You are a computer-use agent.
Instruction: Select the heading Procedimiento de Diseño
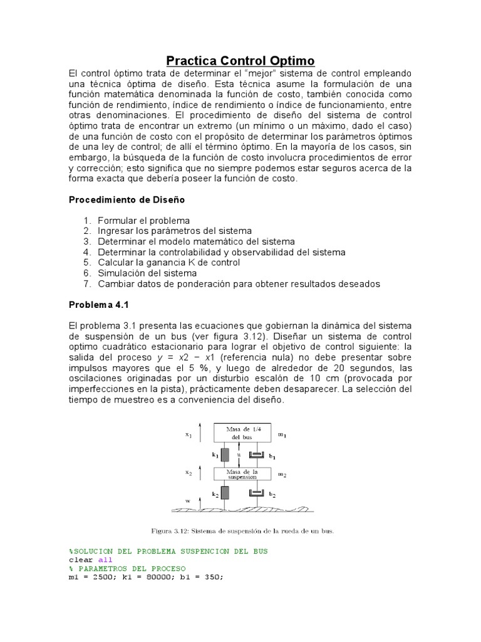coord(126,199)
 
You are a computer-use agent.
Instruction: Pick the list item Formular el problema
coord(143,221)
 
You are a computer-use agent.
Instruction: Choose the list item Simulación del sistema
coord(147,273)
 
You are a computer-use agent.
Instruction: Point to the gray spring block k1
coord(225,455)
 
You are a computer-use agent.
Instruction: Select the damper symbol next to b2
coord(256,495)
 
